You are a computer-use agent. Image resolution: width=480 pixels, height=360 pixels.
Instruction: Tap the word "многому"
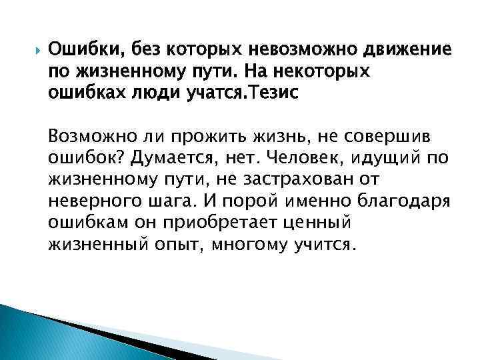249,244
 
